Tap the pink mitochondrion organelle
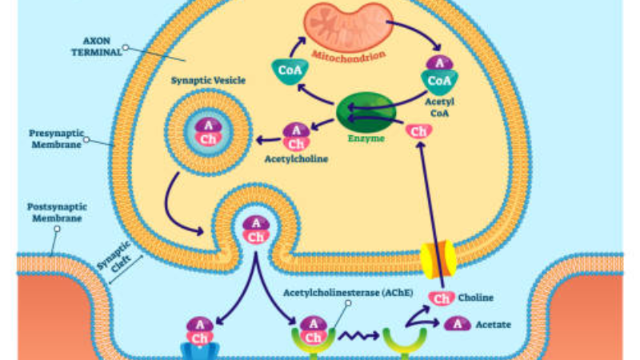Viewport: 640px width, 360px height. [348, 27]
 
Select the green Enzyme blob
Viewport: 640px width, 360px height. [366, 112]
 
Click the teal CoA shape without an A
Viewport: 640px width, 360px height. [290, 71]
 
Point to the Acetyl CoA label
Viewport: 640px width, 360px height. [439, 107]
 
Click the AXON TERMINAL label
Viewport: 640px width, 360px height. [97, 46]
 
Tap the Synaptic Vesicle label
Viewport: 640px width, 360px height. [208, 80]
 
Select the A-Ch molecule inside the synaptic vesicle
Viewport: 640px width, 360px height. [208, 132]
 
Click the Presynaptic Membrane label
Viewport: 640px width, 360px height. [56, 138]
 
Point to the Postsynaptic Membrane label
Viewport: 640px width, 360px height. [57, 212]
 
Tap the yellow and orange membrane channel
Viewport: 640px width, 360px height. [438, 259]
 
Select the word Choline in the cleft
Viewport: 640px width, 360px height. [475, 298]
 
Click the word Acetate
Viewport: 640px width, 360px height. [493, 325]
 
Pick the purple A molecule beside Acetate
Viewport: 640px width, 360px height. [457, 324]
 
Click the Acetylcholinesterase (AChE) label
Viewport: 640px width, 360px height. [348, 293]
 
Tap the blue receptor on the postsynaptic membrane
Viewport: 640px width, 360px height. [199, 351]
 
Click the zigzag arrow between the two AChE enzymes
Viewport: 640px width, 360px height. [358, 336]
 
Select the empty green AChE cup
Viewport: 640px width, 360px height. [405, 342]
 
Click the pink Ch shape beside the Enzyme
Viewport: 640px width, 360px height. [418, 132]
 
